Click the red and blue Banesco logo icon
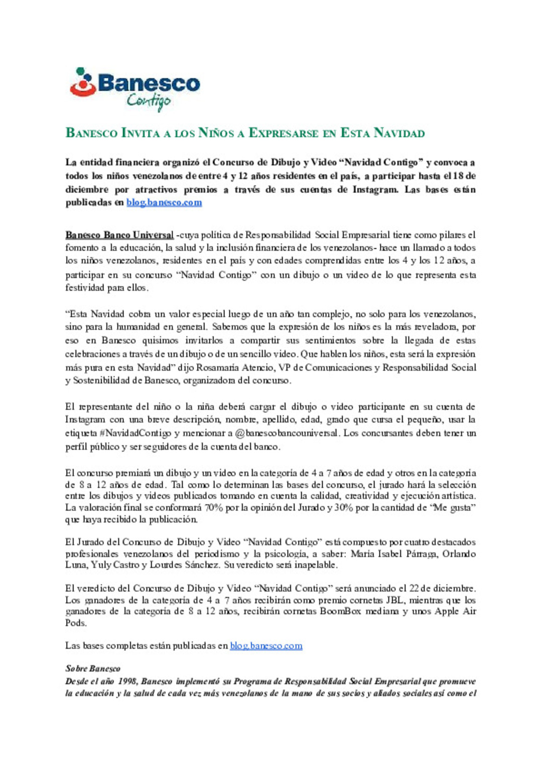tap(83, 82)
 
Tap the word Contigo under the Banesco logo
tap(149, 101)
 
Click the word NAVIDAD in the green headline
tap(399, 133)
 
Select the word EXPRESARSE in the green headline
tap(284, 133)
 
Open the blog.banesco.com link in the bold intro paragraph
tap(164, 203)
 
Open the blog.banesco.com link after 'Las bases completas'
tap(266, 646)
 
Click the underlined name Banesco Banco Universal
tap(119, 235)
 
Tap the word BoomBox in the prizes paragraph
tap(340, 611)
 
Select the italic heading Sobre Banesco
tap(93, 669)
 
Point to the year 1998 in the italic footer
tap(127, 681)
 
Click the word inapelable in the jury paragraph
tap(316, 565)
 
